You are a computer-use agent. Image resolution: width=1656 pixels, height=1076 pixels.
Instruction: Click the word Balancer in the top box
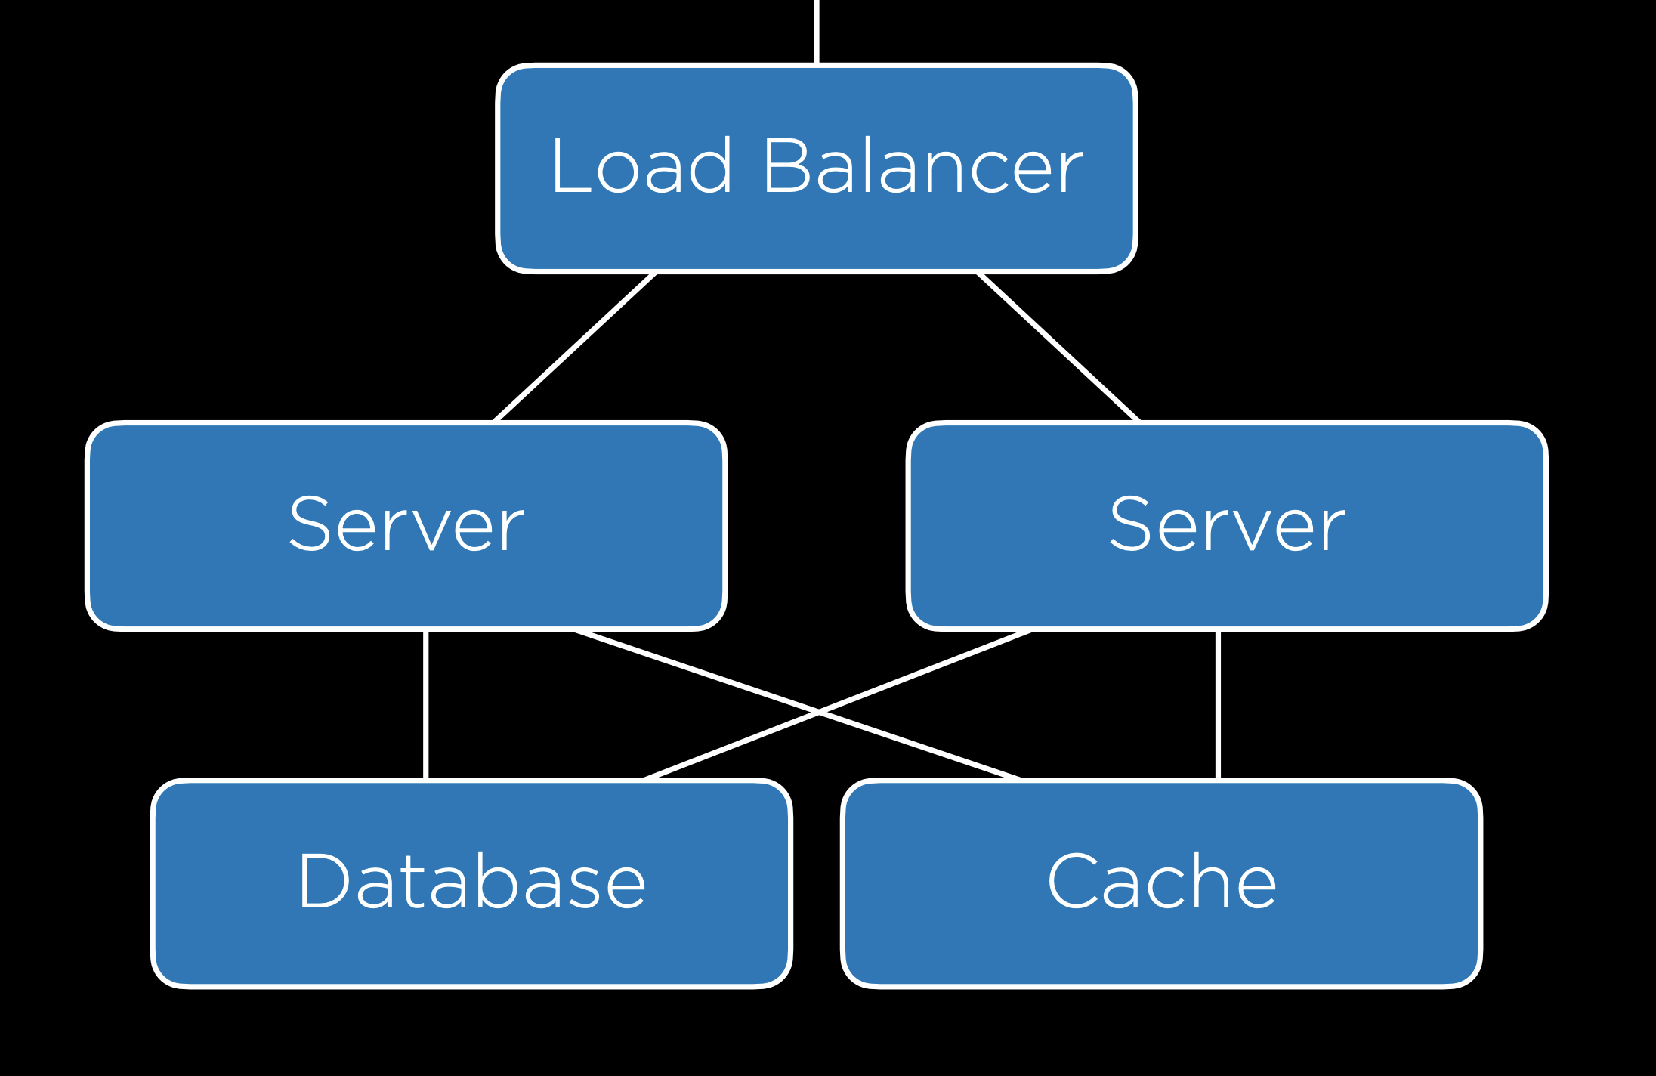922,167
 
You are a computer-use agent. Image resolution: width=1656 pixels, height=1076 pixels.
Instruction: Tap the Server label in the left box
406,525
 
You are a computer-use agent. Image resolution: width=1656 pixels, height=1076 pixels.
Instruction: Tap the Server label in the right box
1227,525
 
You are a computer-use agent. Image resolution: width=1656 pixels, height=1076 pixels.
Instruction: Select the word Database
472,882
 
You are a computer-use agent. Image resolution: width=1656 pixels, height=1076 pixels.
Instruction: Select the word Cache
1162,882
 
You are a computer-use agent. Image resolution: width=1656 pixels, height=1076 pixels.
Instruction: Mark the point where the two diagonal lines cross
819,710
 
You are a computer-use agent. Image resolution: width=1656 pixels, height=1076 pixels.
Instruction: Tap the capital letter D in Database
323,882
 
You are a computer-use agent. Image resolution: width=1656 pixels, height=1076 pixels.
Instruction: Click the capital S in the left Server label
311,525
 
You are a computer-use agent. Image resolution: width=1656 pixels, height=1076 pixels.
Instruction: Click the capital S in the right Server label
1132,525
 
